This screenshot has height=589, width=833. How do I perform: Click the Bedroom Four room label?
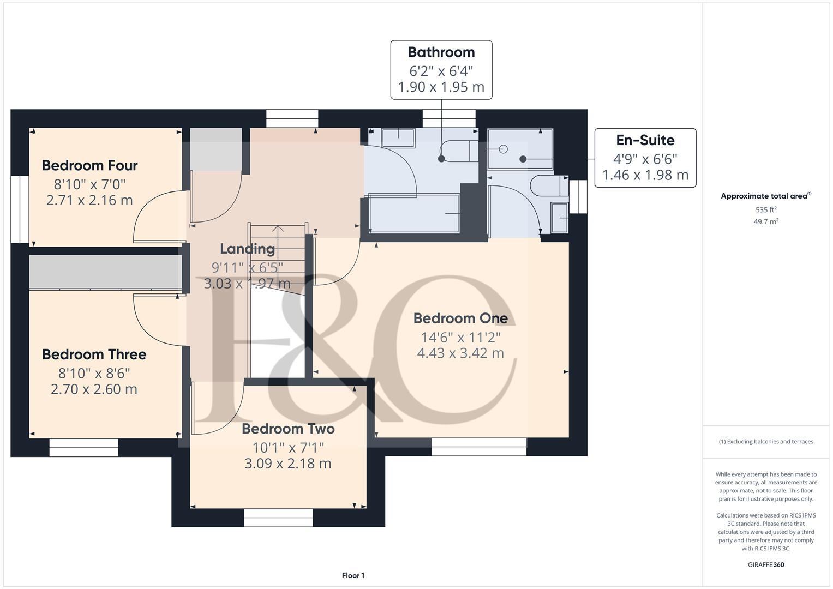click(x=89, y=165)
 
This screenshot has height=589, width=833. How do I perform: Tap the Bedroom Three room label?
click(x=94, y=354)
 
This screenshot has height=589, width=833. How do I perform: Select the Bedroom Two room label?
click(x=288, y=429)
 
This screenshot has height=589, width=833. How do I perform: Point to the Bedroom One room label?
click(x=460, y=318)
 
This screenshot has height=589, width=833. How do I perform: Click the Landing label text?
click(x=247, y=249)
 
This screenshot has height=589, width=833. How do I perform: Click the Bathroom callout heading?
click(x=441, y=52)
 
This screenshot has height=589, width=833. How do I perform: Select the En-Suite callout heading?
click(x=645, y=140)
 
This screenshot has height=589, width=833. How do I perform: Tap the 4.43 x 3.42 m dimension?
click(x=460, y=353)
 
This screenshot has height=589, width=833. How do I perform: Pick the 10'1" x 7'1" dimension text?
click(x=288, y=448)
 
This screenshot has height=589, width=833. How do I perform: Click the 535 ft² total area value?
click(x=766, y=210)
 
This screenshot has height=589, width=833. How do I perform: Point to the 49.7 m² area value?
click(x=766, y=221)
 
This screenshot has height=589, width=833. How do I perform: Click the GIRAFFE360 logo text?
click(x=765, y=564)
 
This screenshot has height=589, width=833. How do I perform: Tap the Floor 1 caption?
click(x=353, y=575)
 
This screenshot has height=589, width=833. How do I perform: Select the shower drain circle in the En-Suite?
click(x=503, y=149)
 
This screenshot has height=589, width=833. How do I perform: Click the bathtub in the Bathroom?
click(x=415, y=213)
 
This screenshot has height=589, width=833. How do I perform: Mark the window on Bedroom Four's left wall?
click(x=20, y=209)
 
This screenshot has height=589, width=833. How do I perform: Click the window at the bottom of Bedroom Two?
click(x=278, y=518)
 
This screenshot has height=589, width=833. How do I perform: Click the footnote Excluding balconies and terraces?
click(x=765, y=442)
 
